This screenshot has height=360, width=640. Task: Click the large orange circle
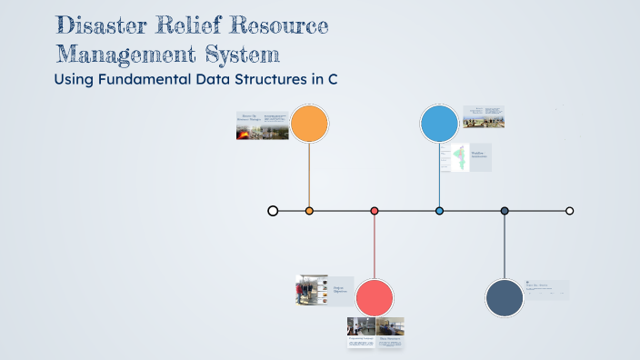coord(309,124)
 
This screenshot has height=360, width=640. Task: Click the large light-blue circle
coord(439,124)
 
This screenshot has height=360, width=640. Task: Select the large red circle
coord(374,298)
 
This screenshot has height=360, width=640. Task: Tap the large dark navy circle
coord(505,298)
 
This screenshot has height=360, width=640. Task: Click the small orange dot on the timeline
coord(309,211)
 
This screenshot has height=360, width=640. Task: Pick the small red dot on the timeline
coord(375,211)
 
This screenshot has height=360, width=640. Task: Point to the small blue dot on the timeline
coord(439,211)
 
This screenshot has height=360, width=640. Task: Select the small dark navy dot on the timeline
coord(505,211)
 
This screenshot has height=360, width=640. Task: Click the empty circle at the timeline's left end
coord(273,211)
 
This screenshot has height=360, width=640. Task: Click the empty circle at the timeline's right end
coord(570,211)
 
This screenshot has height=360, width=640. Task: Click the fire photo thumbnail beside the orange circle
coord(247,133)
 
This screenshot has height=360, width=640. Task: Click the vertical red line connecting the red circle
coord(375,245)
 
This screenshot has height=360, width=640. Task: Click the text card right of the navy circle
coord(546,289)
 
